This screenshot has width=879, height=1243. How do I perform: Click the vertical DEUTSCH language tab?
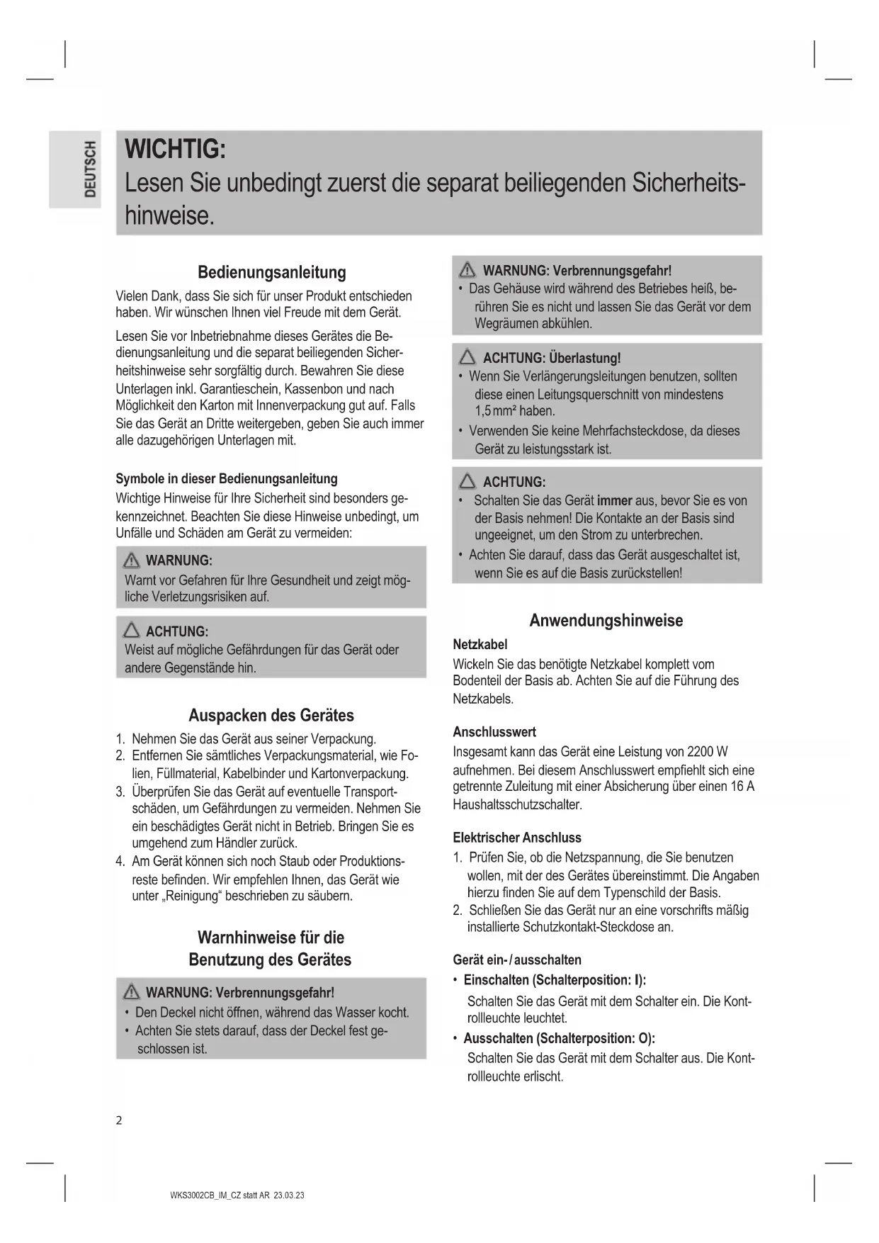tap(89, 169)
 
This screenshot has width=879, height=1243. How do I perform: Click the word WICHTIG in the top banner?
tap(175, 150)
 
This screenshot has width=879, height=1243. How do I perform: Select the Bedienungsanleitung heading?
tap(271, 272)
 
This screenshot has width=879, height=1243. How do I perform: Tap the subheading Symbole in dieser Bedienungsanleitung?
tap(227, 478)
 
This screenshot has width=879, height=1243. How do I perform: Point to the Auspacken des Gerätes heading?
tap(271, 714)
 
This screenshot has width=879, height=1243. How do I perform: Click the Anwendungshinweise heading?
tap(606, 620)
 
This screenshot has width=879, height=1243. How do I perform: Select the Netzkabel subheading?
tap(480, 644)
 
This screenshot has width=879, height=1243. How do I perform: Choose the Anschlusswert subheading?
tap(494, 732)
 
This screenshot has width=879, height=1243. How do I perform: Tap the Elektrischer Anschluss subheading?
tap(517, 837)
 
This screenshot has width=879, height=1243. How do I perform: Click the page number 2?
tap(119, 1120)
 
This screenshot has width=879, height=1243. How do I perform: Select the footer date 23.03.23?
tap(290, 1195)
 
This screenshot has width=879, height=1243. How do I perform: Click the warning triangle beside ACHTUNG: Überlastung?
tap(467, 357)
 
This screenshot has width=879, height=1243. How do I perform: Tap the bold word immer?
tap(615, 500)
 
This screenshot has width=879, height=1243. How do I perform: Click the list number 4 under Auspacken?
tap(120, 862)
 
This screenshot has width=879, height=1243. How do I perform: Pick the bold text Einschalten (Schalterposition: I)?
tap(555, 980)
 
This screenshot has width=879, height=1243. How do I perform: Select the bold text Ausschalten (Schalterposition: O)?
tap(559, 1038)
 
